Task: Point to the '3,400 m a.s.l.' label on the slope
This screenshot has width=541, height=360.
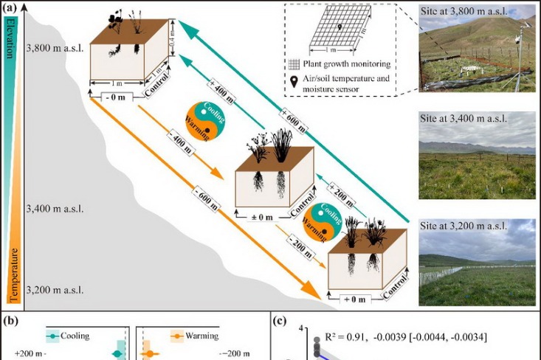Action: tap(55, 209)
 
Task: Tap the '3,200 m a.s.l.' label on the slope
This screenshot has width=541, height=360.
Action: tap(56, 289)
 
